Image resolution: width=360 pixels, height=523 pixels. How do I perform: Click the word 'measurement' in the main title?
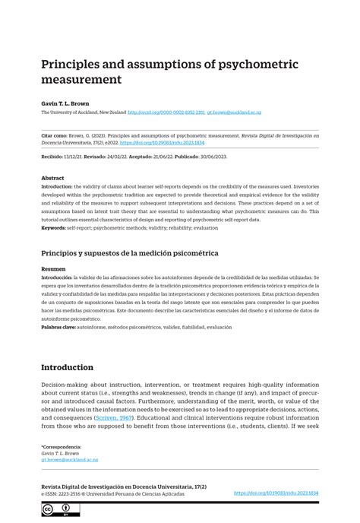coord(81,79)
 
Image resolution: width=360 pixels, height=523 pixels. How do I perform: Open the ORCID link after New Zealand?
coord(166,113)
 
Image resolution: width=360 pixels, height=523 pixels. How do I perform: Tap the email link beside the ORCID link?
coord(234,113)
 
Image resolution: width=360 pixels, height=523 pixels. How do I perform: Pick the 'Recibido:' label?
coord(53,157)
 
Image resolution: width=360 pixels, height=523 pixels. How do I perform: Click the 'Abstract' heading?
coord(52,178)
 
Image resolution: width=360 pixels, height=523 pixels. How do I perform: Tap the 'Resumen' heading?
coord(53,269)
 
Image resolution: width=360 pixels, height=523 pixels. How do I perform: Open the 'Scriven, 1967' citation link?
coord(114,418)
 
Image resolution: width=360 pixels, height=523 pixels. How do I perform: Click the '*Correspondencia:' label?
coord(61,447)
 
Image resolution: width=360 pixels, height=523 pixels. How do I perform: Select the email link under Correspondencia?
coord(69,460)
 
